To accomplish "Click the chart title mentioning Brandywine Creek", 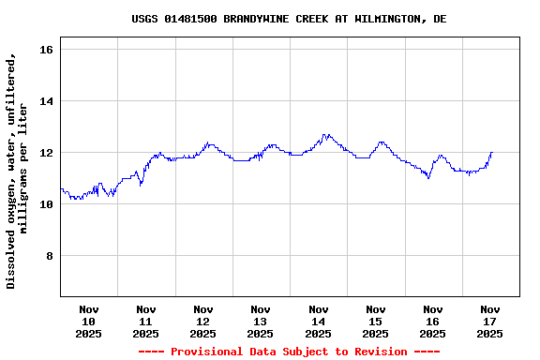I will [x=289, y=19].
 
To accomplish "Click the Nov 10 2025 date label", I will [x=89, y=321].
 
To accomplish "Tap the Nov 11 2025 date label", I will [x=146, y=321].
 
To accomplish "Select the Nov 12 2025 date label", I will [x=203, y=321].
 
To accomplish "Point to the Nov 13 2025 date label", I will [x=261, y=321].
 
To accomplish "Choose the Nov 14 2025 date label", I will [x=318, y=321].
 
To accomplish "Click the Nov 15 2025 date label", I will [x=375, y=321].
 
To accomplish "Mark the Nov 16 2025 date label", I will [x=432, y=321].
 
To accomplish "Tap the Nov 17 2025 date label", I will [x=489, y=321].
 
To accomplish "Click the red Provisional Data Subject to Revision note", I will [x=289, y=352].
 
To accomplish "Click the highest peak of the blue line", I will [x=325, y=134].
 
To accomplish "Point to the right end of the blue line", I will [x=491, y=152].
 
